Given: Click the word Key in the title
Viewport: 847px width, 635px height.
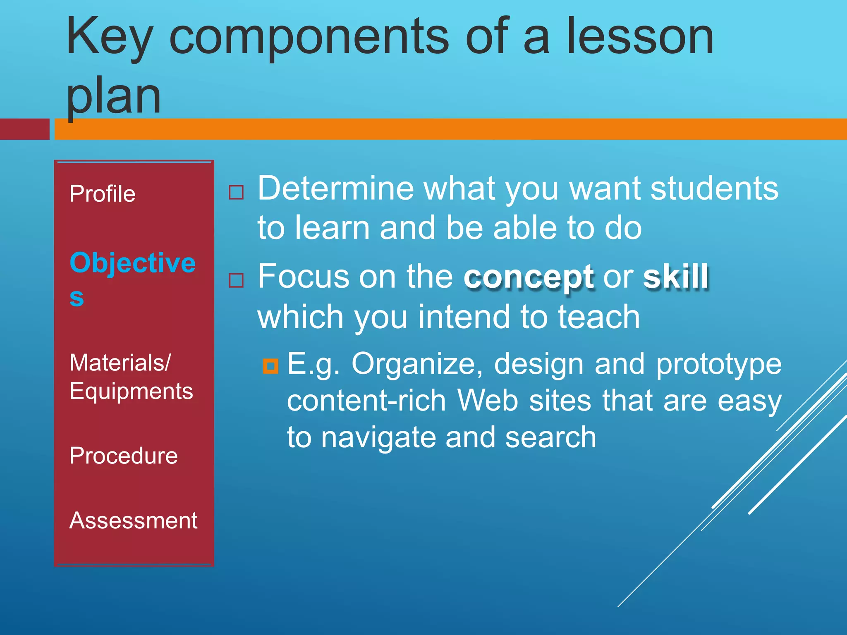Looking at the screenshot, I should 110,37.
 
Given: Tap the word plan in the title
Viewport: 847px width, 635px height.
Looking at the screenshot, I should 113,97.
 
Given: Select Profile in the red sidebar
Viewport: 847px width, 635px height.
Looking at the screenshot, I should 102,194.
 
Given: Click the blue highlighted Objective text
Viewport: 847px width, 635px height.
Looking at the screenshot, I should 132,263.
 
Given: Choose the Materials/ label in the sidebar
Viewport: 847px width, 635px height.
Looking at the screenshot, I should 120,363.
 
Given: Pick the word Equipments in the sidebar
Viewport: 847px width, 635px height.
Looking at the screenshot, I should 131,391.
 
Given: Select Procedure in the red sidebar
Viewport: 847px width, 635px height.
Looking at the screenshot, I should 123,456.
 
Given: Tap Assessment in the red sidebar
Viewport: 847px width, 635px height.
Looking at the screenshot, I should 133,520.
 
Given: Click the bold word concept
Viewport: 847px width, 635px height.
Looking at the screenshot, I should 529,277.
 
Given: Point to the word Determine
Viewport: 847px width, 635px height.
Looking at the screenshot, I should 335,189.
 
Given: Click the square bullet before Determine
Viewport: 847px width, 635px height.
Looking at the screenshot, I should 236,192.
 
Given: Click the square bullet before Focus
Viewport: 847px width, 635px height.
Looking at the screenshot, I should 236,281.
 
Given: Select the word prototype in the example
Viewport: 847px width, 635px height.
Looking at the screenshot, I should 718,364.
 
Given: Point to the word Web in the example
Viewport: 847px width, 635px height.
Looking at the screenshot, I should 487,401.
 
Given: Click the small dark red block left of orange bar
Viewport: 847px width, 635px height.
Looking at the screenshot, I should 24,129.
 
